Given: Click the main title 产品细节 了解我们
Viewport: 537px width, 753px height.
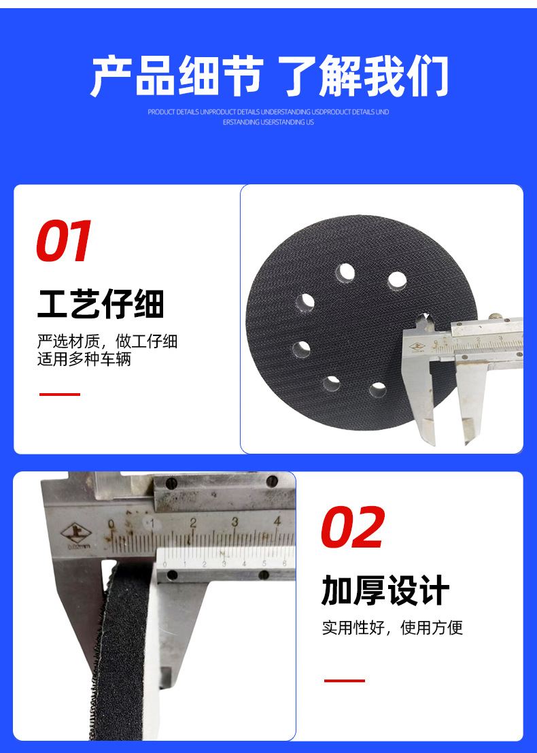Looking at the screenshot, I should coord(269,76).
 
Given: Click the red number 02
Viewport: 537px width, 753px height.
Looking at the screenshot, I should coord(352,528).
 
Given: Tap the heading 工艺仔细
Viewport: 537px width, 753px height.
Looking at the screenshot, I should coord(101,304).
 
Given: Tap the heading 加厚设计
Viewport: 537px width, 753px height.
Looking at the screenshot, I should coord(385,590).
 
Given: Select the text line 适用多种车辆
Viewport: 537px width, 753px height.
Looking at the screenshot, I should coord(84,359).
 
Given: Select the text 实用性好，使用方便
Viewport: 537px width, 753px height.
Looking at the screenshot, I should coord(392,627).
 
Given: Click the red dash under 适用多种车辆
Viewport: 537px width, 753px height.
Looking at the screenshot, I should coord(60,394).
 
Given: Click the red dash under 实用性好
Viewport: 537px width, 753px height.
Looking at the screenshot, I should coord(344,680).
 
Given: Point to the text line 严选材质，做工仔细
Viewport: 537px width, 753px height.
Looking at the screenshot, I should coord(107,341).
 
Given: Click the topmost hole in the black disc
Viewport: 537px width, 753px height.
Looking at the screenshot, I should coord(345,273).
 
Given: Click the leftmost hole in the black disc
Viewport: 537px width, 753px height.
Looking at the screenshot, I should coord(301,350).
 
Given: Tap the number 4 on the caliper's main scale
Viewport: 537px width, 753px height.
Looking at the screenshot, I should coord(277,522).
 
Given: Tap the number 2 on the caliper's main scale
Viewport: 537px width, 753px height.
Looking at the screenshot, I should coord(193,523).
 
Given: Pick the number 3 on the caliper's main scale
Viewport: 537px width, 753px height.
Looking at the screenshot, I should coord(235,522).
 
